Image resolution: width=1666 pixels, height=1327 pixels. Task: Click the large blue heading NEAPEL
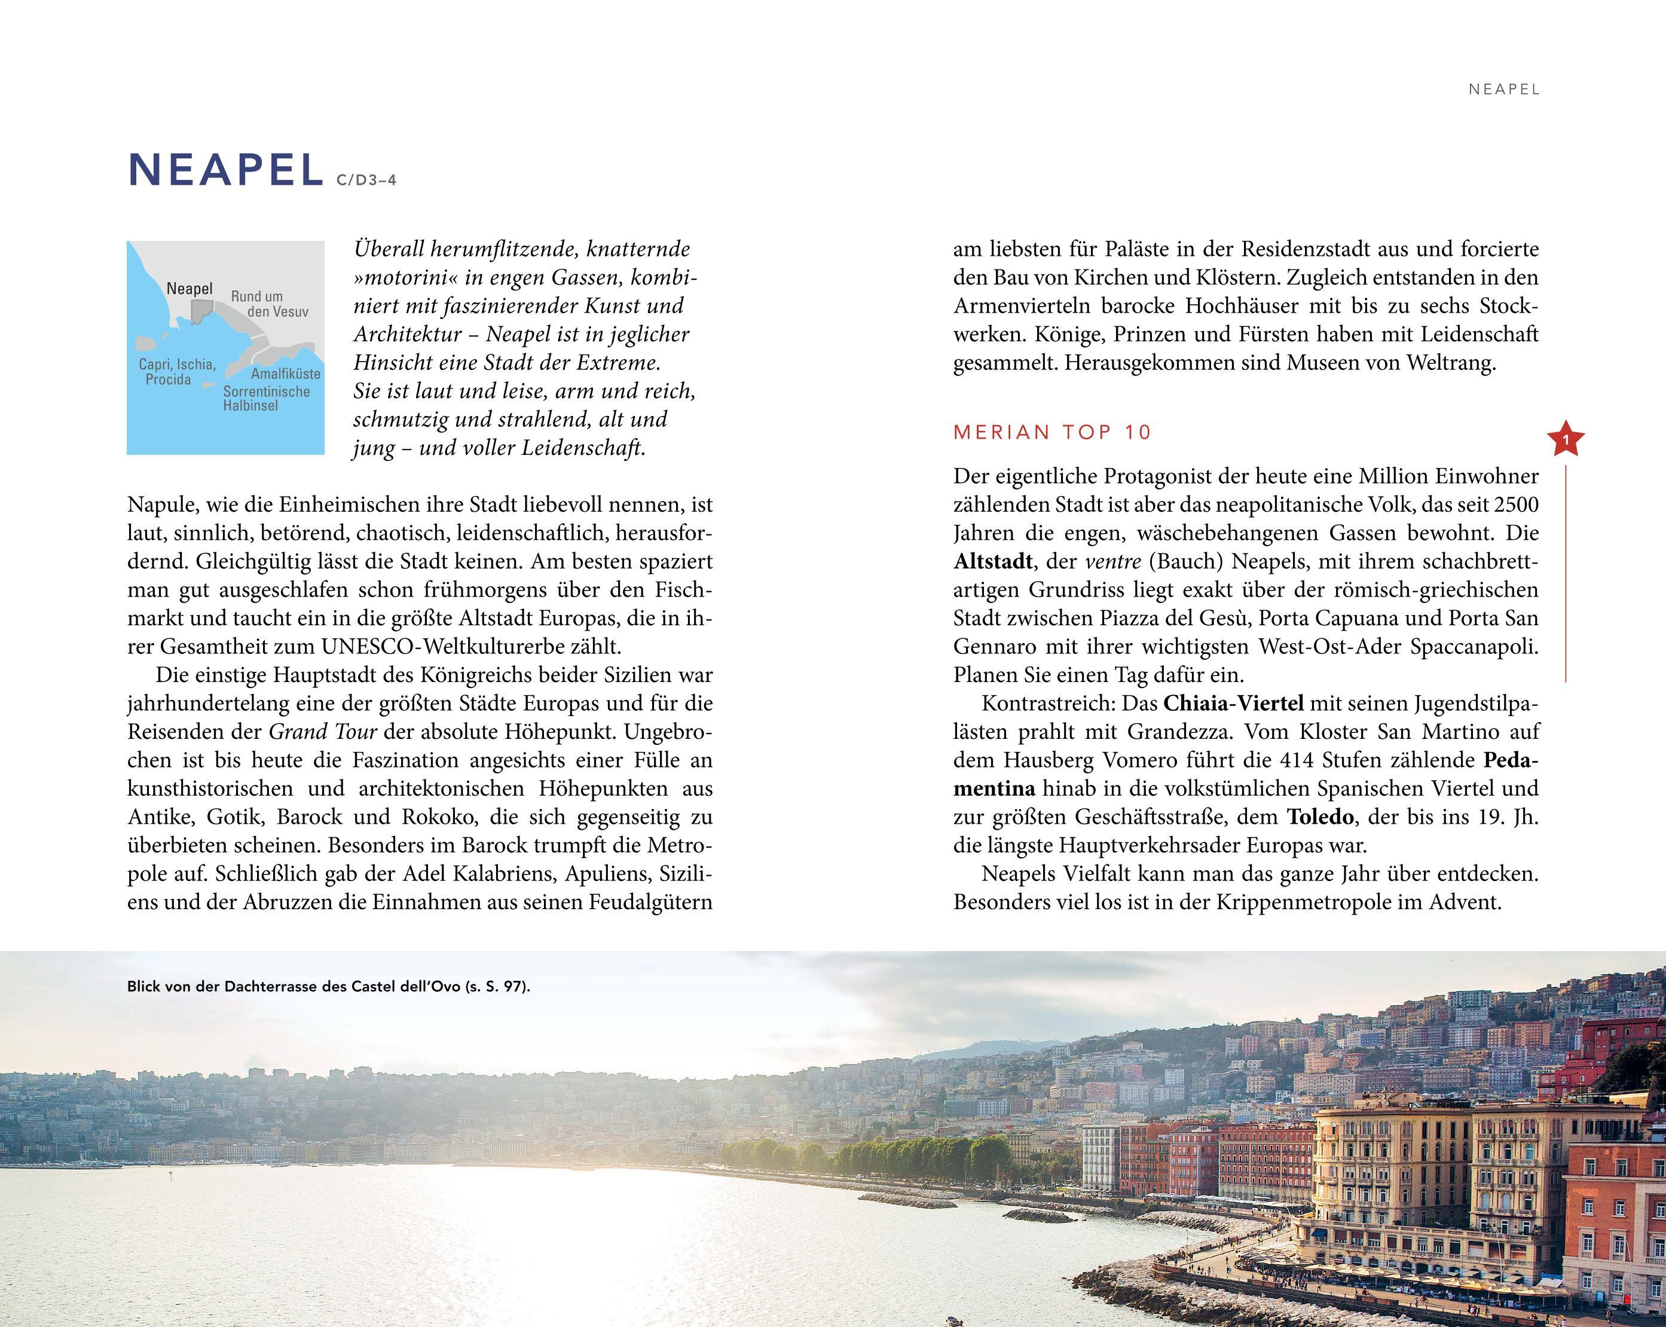click(x=225, y=170)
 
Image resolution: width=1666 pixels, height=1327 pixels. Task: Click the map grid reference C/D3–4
click(x=366, y=181)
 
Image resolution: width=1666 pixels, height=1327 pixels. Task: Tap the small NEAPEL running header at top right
click(x=1504, y=90)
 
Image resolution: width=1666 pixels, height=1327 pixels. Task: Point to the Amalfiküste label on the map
click(x=285, y=374)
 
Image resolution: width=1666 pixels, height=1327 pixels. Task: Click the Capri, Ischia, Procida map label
click(x=176, y=372)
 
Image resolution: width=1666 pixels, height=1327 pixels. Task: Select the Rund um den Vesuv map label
click(x=268, y=304)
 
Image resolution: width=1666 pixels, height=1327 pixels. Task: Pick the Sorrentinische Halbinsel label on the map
click(x=266, y=398)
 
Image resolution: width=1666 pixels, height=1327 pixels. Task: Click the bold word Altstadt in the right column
click(x=992, y=561)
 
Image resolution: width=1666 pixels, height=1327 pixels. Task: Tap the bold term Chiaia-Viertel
click(x=1233, y=704)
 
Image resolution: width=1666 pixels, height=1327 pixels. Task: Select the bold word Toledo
click(x=1320, y=817)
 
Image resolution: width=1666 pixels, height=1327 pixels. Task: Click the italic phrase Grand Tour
click(x=322, y=732)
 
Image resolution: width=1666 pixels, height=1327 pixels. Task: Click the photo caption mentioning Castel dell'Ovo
click(x=328, y=986)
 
